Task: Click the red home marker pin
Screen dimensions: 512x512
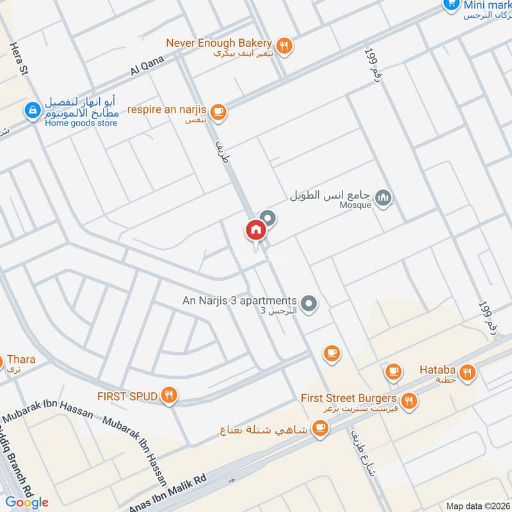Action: click(x=255, y=230)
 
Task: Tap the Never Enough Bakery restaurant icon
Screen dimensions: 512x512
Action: click(x=285, y=45)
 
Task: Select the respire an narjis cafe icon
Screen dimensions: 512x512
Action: click(x=218, y=112)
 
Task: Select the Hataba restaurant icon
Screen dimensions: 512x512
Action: click(x=468, y=372)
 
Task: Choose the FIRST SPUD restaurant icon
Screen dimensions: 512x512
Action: click(x=169, y=396)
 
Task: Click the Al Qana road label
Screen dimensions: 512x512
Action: click(x=148, y=65)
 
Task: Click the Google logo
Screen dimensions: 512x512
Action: click(x=27, y=502)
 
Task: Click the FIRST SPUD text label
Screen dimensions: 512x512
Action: click(x=127, y=396)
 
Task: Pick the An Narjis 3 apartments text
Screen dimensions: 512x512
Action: click(x=239, y=301)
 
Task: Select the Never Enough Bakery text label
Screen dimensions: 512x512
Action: click(x=219, y=43)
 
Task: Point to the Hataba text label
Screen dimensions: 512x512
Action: click(x=437, y=369)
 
